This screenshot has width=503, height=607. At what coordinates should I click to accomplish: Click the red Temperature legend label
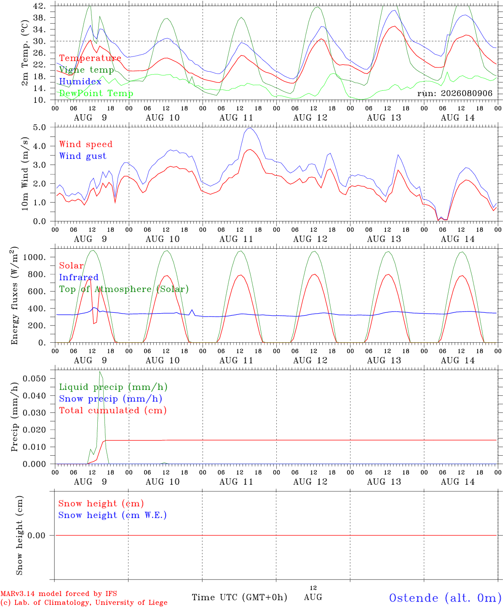point(90,58)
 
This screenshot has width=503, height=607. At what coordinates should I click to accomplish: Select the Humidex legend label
point(80,81)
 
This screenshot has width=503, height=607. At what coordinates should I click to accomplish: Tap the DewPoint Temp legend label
point(96,93)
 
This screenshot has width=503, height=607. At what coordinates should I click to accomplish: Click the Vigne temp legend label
point(87,70)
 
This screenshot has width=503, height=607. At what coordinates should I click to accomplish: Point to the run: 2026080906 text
point(455,93)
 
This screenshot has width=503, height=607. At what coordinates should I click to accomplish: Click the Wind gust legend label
point(83,156)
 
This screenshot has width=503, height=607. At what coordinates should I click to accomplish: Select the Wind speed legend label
point(86,144)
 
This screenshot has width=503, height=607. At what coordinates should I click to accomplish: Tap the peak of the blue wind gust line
point(250,128)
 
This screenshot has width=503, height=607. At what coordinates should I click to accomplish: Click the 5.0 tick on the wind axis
point(40,127)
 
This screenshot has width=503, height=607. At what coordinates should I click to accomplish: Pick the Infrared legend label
point(79,277)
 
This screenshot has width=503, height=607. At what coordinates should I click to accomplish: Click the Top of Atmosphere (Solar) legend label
point(124,289)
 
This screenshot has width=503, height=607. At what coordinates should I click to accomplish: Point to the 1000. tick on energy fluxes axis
point(34,257)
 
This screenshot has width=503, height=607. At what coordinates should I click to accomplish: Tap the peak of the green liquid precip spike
point(100,371)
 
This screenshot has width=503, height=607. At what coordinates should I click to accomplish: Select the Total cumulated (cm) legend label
point(113,410)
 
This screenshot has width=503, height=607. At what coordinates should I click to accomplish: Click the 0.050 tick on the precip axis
point(34,379)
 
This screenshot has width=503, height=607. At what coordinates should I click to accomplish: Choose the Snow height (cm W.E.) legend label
point(112,515)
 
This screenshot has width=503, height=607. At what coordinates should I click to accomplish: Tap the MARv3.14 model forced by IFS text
point(59,594)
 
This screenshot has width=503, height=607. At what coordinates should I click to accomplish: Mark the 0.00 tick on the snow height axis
point(36,535)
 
